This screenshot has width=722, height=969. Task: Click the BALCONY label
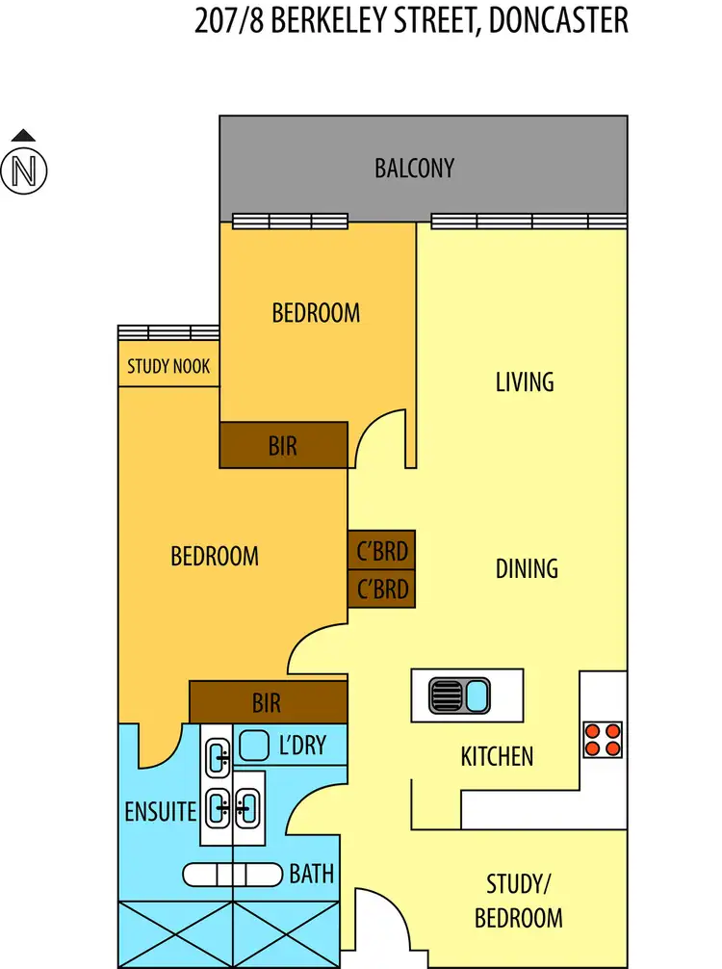click(414, 169)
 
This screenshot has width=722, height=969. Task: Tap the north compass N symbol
click(24, 171)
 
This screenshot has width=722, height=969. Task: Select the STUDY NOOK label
click(168, 366)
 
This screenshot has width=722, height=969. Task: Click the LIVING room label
click(525, 381)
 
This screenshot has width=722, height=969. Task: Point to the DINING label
click(527, 568)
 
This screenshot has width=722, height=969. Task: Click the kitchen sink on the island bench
click(459, 695)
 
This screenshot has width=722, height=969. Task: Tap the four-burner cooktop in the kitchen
click(603, 740)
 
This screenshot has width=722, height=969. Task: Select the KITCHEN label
click(497, 756)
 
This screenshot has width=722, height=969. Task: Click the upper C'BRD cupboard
click(381, 550)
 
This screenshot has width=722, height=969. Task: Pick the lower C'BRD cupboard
click(381, 589)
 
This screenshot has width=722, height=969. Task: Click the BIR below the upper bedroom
click(283, 445)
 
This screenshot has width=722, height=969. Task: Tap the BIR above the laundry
click(268, 702)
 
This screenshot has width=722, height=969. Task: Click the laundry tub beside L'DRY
click(254, 746)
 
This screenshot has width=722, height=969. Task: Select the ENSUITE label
click(161, 811)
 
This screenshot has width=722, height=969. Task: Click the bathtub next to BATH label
click(232, 875)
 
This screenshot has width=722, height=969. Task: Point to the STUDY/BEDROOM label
click(519, 901)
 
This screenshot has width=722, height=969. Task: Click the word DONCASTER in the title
click(558, 20)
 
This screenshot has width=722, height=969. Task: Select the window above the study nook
click(168, 332)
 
